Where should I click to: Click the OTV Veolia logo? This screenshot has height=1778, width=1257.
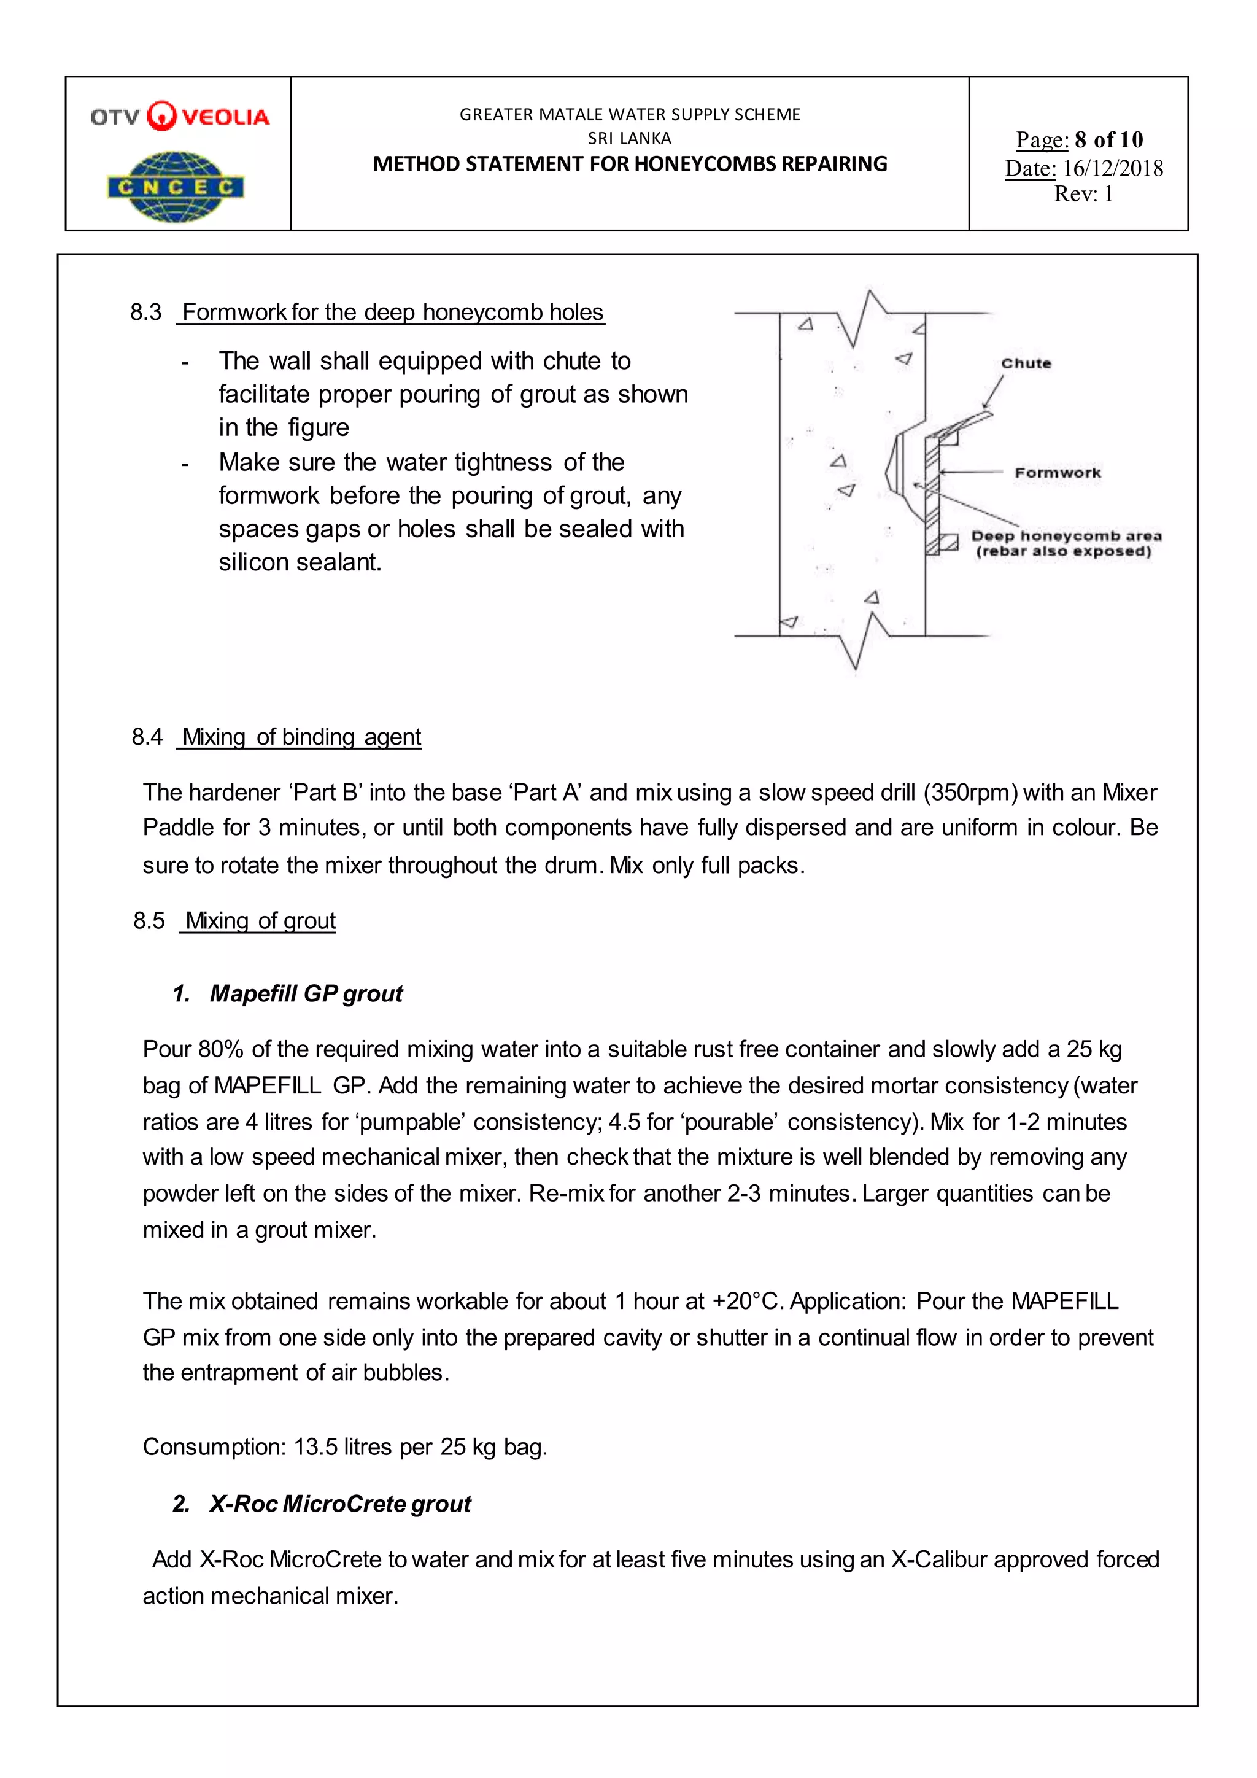click(x=180, y=116)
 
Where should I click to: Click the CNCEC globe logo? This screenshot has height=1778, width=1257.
click(x=177, y=187)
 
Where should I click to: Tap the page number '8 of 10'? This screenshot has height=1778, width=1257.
click(x=1108, y=139)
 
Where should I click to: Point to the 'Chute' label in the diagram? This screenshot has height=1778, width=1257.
click(x=1026, y=363)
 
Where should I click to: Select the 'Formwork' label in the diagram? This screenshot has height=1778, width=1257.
click(x=1058, y=472)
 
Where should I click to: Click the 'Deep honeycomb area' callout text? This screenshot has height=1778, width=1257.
click(x=1066, y=536)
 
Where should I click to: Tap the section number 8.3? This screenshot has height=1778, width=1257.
click(x=145, y=312)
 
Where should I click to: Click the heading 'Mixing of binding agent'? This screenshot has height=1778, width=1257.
click(x=301, y=737)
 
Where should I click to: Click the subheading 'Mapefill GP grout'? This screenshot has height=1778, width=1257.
click(x=306, y=993)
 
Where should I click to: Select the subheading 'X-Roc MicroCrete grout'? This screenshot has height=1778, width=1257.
click(x=340, y=1503)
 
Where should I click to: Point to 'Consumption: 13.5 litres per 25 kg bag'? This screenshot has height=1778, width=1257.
click(x=344, y=1446)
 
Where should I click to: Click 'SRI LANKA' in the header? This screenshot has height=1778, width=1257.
click(x=629, y=138)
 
